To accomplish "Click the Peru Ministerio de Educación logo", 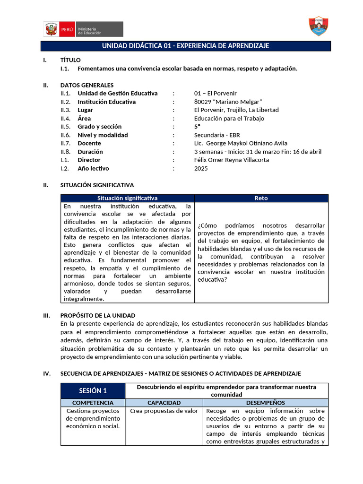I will (83, 29).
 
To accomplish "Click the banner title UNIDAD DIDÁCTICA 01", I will (185, 46).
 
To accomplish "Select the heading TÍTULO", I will (70, 60).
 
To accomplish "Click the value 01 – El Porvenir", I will (215, 94).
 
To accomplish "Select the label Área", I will (84, 119).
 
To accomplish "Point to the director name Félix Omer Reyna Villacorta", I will (232, 160).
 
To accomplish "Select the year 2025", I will (201, 168).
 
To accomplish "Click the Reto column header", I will (261, 198).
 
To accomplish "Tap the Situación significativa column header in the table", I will (127, 198).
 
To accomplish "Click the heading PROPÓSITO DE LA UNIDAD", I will (98, 315).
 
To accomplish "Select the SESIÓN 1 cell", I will (93, 390).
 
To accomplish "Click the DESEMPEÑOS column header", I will (265, 403).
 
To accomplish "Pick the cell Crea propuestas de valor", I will (164, 411).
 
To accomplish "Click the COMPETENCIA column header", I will (93, 403).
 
